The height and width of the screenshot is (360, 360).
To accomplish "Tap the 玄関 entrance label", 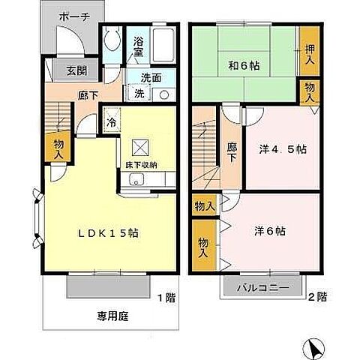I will tap(65, 71).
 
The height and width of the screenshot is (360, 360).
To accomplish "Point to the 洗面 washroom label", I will tap(155, 76).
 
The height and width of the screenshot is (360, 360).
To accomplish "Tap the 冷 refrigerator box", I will tap(111, 121).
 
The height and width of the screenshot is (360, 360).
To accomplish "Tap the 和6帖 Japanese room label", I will tap(244, 66).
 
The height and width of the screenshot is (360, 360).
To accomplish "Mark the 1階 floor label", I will tap(166, 297).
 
